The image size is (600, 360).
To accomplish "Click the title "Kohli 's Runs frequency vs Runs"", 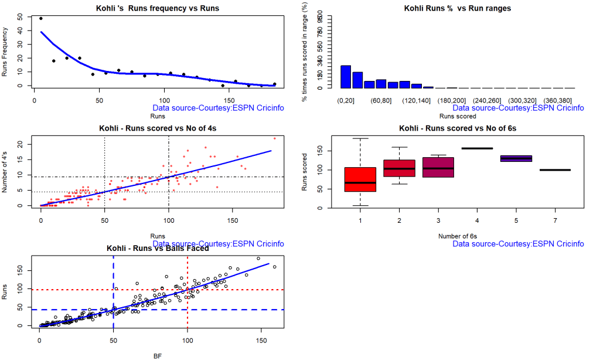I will pos(157,8).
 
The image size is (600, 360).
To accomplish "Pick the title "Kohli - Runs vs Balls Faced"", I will pos(158,249).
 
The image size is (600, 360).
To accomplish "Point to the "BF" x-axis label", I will pos(157,355).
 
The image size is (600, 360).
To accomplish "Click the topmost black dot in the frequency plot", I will pos(40,18).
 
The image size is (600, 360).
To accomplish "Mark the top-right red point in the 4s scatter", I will pos(274,138).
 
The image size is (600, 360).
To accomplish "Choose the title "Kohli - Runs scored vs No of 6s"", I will pos(457,128).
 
